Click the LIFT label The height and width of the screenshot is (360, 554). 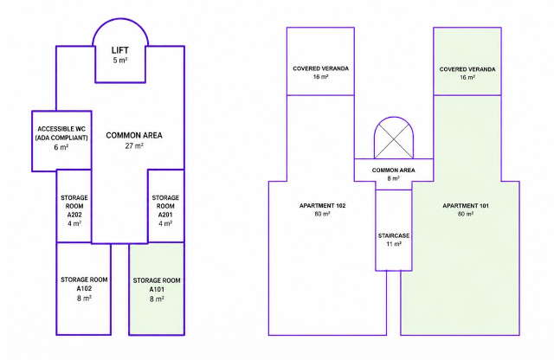120,50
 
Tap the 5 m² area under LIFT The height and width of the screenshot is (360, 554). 120,61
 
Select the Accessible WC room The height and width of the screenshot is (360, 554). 61,141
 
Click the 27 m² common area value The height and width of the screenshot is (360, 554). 134,145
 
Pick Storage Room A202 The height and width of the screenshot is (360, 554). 74,206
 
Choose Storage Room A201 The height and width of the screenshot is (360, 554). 165,206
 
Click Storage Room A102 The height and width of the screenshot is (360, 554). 84,288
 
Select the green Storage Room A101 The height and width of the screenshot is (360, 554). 157,289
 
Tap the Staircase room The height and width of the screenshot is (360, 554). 394,230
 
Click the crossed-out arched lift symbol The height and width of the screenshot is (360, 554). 394,138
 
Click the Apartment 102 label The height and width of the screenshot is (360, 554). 322,206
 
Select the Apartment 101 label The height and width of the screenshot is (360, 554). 466,206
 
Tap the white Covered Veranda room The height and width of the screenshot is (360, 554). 320,61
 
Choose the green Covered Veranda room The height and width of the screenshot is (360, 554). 467,61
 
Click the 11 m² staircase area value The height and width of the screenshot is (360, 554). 394,244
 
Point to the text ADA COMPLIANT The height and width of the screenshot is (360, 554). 61,138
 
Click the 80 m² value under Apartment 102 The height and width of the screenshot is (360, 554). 322,214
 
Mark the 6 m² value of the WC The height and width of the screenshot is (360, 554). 61,147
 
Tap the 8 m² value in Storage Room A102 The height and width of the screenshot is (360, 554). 84,299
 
